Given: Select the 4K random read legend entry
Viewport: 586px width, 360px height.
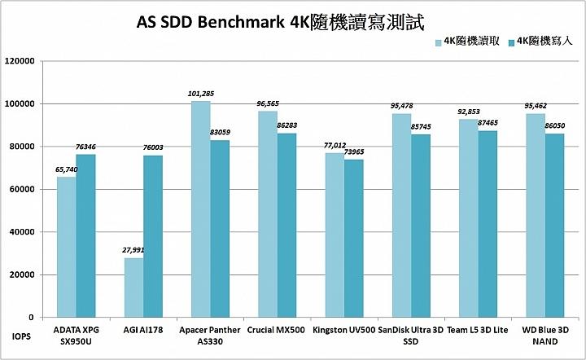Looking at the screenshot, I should [x=469, y=42].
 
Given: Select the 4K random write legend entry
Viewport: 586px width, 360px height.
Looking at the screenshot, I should [x=536, y=42].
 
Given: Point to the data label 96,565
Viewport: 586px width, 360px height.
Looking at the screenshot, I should [x=268, y=104].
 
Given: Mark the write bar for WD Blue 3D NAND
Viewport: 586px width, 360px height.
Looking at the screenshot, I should [x=554, y=225].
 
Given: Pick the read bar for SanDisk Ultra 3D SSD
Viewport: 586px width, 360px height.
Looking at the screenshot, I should [x=401, y=215].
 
